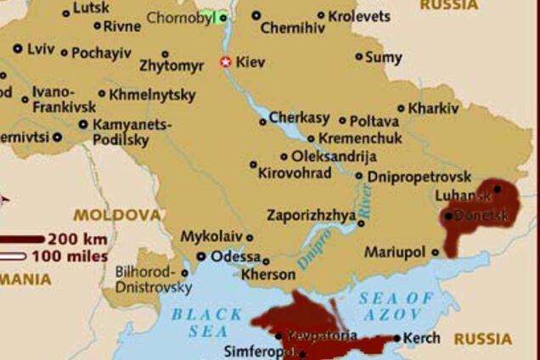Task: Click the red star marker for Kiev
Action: pos(225,62)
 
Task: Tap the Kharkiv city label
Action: pos(433,109)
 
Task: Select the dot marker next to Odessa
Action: pos(201,256)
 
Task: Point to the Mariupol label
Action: pos(394,252)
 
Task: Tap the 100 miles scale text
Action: pos(70,256)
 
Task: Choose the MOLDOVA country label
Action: pos(116,215)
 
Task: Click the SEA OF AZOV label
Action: pos(397,306)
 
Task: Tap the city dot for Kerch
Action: pos(397,338)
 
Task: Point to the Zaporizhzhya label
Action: pos(312,215)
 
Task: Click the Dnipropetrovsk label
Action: pos(418,177)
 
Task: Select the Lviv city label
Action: pos(40,48)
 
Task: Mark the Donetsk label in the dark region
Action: pos(481,216)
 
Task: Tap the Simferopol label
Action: pos(259,352)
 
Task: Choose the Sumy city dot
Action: pos(359,57)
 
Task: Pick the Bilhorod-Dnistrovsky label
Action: pos(153,280)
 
